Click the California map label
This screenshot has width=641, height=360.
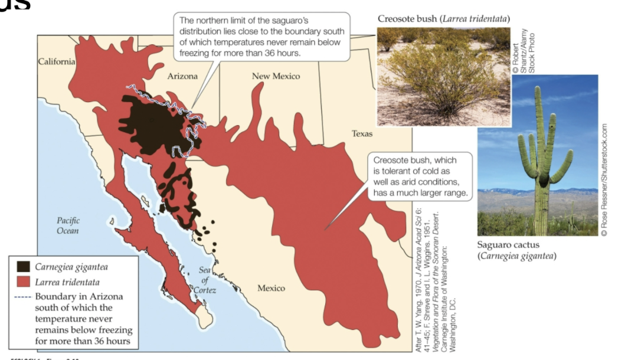pyautogui.click(x=57, y=61)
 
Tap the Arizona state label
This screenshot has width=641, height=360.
pyautogui.click(x=182, y=76)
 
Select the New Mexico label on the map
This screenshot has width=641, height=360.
pyautogui.click(x=276, y=76)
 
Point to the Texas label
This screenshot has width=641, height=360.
pyautogui.click(x=362, y=133)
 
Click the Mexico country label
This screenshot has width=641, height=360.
pyautogui.click(x=271, y=288)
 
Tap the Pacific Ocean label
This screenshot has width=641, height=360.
pyautogui.click(x=68, y=225)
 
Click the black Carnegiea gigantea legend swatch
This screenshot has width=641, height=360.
pyautogui.click(x=24, y=267)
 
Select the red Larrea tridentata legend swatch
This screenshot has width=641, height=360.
pyautogui.click(x=24, y=282)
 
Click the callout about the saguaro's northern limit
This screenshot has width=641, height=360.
pyautogui.click(x=263, y=37)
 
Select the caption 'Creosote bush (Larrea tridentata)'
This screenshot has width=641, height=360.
pyautogui.click(x=444, y=19)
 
